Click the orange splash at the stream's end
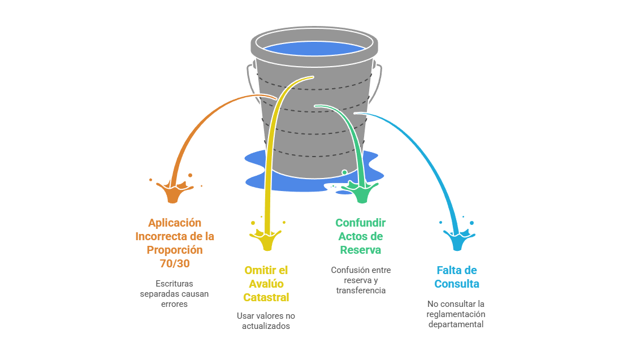click(x=172, y=192)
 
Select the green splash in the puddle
click(x=362, y=192)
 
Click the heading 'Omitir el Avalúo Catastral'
click(x=266, y=284)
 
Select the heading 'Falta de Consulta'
click(x=457, y=277)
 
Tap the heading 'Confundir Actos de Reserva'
click(x=360, y=236)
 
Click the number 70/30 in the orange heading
click(x=174, y=263)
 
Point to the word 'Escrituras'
click(x=174, y=284)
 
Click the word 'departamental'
click(x=456, y=324)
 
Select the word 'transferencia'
click(x=361, y=290)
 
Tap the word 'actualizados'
click(x=266, y=326)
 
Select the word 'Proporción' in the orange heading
click(x=174, y=250)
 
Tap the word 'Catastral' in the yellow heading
click(x=266, y=297)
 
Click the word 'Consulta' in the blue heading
click(x=457, y=284)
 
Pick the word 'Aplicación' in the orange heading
click(x=174, y=223)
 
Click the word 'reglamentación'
click(x=456, y=314)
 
